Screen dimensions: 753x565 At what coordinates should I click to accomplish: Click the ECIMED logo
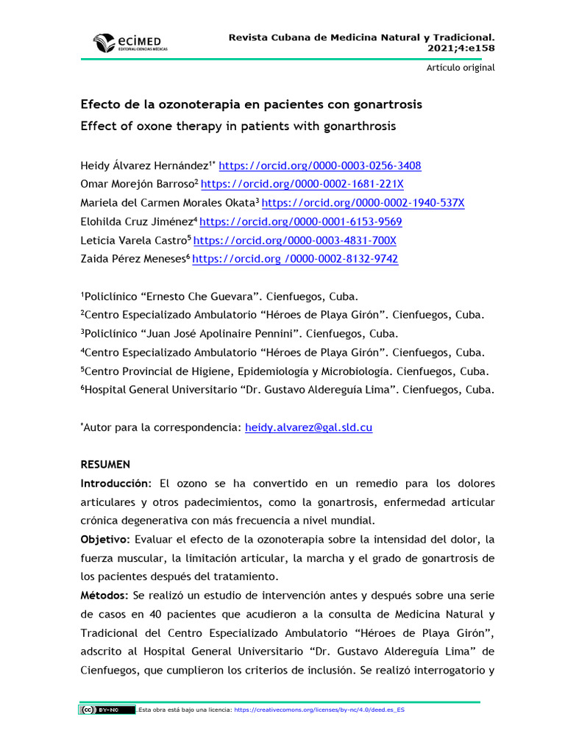tap(129, 43)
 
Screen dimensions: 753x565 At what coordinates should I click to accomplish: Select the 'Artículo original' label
tap(461, 68)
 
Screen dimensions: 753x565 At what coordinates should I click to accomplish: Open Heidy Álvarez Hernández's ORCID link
tap(320, 165)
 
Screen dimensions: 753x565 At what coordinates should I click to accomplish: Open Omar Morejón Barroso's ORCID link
tap(302, 184)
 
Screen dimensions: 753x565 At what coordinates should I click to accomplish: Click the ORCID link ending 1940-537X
tap(363, 203)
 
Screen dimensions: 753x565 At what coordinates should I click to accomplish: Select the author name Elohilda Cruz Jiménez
tap(136, 221)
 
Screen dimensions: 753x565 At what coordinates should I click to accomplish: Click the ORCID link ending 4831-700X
tap(295, 240)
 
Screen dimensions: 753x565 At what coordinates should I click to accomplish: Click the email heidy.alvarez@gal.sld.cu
tap(308, 427)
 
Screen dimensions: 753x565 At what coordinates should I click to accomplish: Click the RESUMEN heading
tap(105, 465)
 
